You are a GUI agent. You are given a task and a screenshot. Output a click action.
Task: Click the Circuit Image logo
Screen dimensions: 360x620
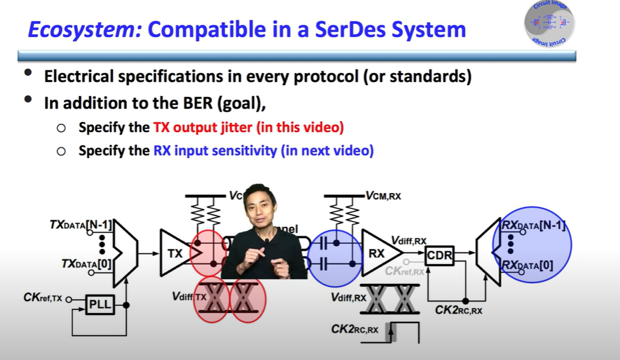point(549,23)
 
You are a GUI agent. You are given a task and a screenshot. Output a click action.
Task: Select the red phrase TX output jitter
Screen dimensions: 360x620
point(204,128)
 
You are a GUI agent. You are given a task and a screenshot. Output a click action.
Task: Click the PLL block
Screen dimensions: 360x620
point(100,305)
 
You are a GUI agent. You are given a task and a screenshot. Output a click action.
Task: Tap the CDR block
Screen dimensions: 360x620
point(439,256)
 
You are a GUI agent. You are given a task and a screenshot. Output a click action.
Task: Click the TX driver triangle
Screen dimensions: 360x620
point(178,253)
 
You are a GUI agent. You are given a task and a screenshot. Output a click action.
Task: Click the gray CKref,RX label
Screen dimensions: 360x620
point(405,272)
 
